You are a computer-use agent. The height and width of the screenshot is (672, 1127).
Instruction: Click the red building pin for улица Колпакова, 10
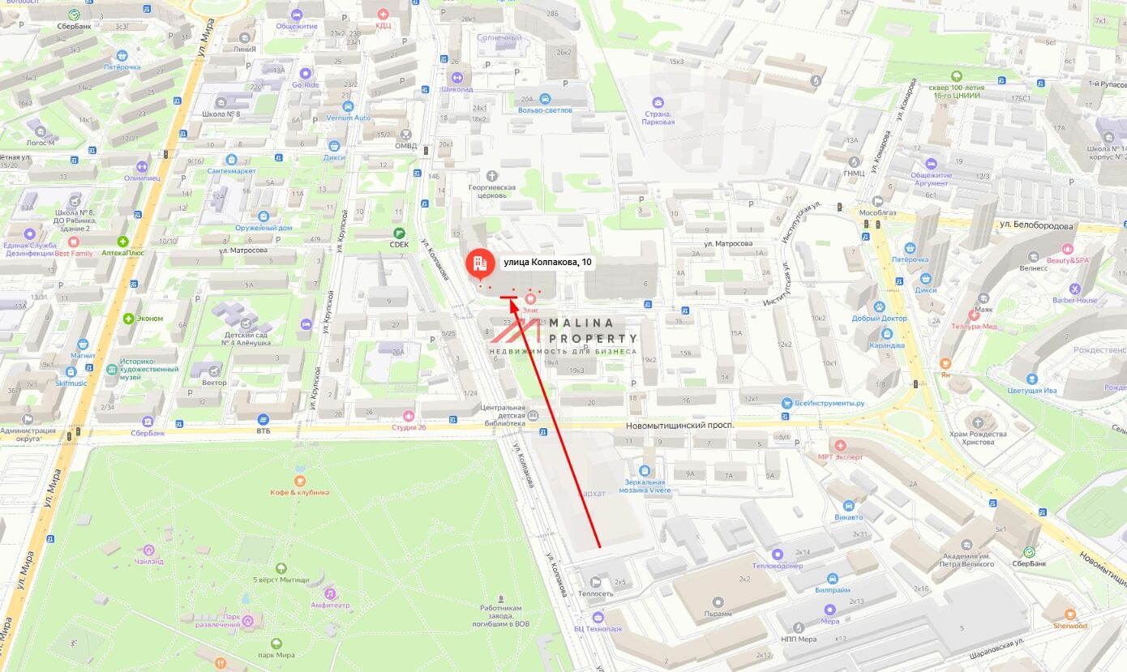click(478, 262)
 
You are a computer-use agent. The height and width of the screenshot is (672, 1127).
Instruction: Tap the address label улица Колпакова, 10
click(547, 262)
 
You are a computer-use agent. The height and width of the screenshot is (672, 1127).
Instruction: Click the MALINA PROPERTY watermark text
click(593, 329)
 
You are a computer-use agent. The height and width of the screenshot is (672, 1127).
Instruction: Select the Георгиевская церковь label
click(492, 191)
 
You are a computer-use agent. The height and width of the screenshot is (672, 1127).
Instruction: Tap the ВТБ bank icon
click(264, 419)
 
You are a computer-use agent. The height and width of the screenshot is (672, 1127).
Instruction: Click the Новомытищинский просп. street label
click(679, 426)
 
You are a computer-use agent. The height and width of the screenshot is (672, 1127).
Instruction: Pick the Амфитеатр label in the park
click(330, 605)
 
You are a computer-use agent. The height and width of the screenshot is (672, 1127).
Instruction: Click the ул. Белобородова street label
click(1036, 226)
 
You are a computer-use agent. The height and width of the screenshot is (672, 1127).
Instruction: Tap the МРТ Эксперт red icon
click(840, 445)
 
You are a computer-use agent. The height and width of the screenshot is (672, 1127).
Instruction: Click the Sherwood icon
click(1070, 614)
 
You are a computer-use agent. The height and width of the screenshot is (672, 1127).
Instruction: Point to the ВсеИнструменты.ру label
click(829, 404)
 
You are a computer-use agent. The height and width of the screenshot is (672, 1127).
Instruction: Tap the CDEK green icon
click(399, 233)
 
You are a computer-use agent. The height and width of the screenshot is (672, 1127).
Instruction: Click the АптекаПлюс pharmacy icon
click(123, 242)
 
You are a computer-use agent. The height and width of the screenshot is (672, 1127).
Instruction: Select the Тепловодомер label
click(778, 565)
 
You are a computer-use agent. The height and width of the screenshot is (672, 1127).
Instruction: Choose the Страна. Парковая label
click(658, 117)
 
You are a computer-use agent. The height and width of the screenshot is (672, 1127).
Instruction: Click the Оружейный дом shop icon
click(264, 216)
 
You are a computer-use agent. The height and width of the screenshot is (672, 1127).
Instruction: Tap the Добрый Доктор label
click(880, 319)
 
